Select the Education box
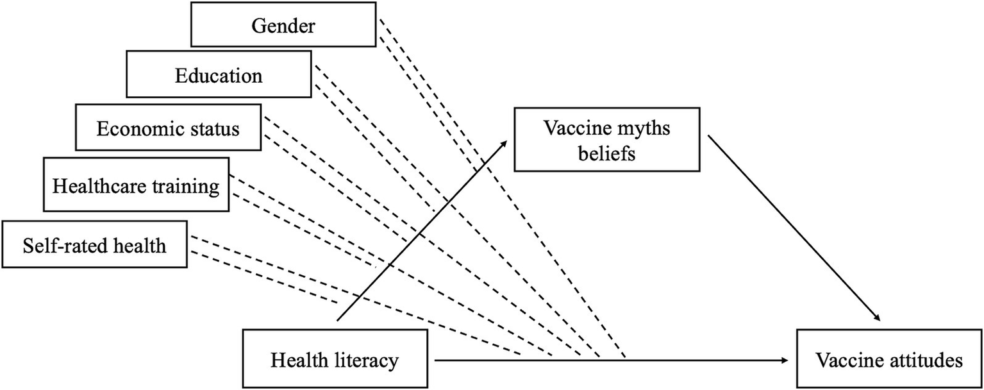(219, 76)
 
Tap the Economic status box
(168, 128)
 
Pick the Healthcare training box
(136, 186)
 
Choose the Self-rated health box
(95, 244)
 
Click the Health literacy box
(334, 360)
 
